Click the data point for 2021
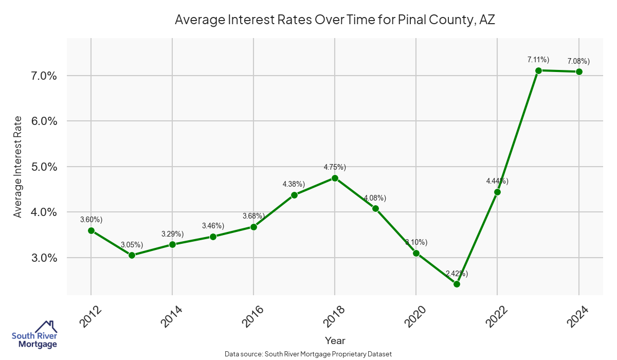[457, 284]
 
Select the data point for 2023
[538, 70]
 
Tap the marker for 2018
[335, 178]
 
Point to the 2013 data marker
[132, 255]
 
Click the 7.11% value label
[538, 60]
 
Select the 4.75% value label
[335, 167]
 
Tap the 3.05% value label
[132, 244]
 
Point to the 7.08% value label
[578, 62]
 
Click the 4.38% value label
[294, 184]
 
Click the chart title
[335, 20]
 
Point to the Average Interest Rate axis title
[18, 167]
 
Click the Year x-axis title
[335, 340]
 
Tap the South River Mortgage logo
[34, 335]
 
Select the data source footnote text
[308, 354]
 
